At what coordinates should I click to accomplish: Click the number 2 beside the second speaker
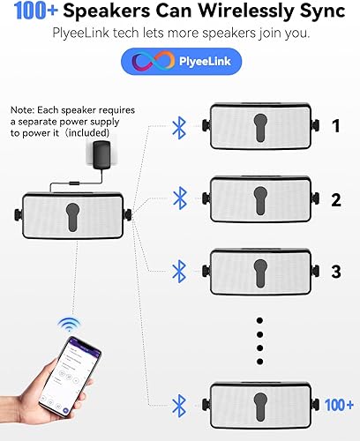pyautogui.click(x=335, y=200)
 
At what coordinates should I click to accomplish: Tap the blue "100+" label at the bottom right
pyautogui.click(x=337, y=405)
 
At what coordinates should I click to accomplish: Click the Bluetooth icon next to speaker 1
pyautogui.click(x=180, y=128)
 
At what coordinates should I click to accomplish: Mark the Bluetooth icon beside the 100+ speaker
pyautogui.click(x=180, y=405)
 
